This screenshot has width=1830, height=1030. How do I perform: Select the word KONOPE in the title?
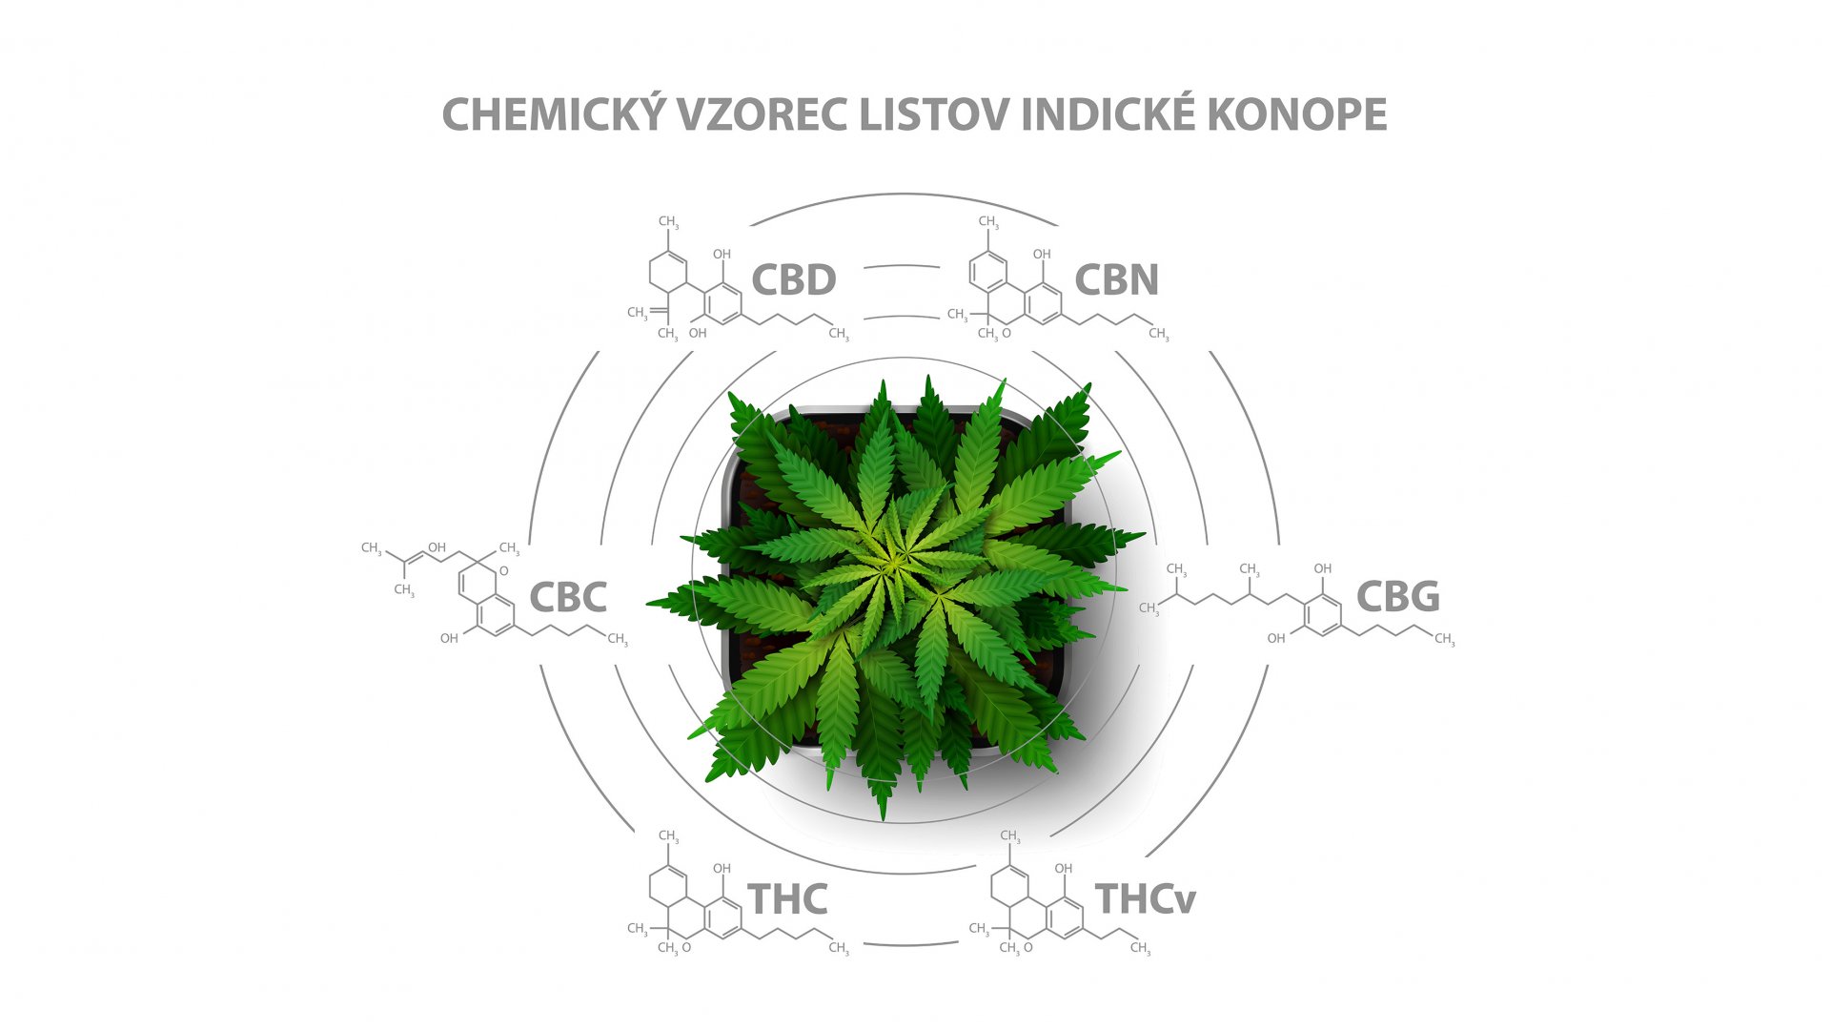(x=1297, y=114)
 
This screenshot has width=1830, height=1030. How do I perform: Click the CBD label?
(x=794, y=279)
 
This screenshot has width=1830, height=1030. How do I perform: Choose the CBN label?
(x=1116, y=279)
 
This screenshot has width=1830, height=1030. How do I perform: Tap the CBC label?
(x=568, y=597)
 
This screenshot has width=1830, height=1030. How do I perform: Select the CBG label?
(x=1398, y=596)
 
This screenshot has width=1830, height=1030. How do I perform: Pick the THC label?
(x=787, y=898)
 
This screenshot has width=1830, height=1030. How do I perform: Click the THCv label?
(x=1146, y=898)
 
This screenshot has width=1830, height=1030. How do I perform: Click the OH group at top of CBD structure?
(x=722, y=254)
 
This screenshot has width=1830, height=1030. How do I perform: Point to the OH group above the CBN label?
(x=1043, y=254)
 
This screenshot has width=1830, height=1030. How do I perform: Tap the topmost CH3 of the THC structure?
(x=669, y=836)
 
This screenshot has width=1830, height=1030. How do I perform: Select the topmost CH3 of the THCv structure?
(x=1010, y=836)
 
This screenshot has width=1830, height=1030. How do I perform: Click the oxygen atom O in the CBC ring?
(x=504, y=571)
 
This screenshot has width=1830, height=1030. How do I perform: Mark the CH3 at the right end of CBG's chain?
(x=1445, y=639)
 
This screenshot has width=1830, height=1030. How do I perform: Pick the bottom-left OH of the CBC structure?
(x=449, y=638)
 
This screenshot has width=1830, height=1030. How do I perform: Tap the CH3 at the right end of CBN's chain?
(x=1159, y=334)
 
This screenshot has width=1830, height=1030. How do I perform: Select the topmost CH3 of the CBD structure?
(x=669, y=222)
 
